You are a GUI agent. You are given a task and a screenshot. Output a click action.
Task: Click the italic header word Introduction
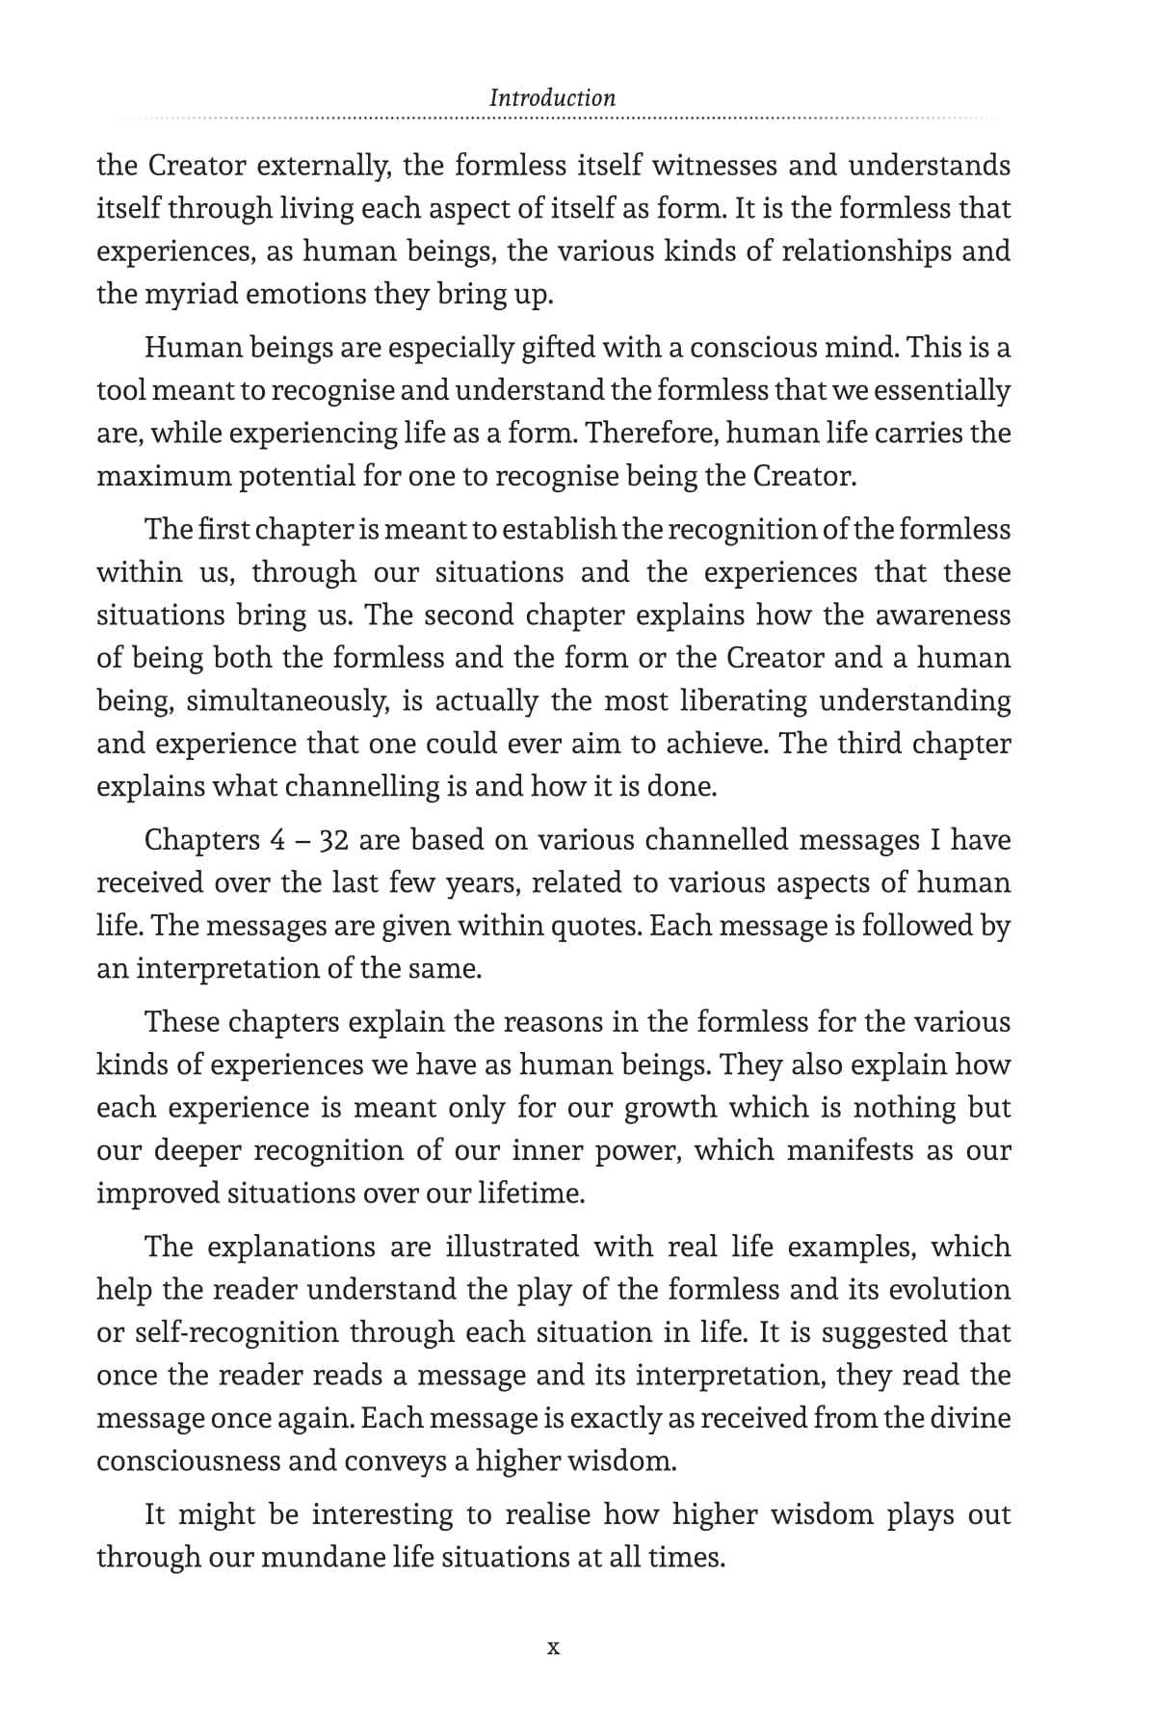coord(552,97)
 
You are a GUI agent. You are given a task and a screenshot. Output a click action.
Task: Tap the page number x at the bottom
coord(553,1647)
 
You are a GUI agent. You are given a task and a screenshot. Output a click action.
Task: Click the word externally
coord(323,166)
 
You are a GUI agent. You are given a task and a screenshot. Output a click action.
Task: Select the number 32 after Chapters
coord(333,840)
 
